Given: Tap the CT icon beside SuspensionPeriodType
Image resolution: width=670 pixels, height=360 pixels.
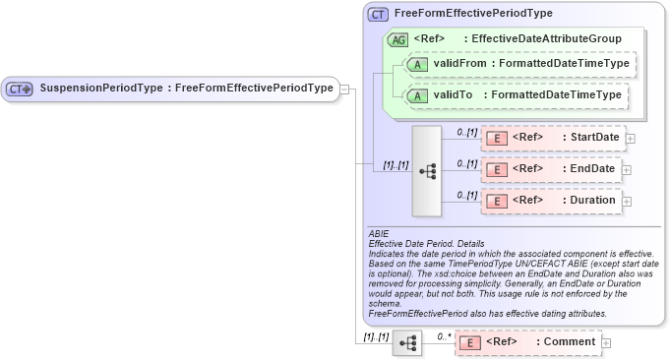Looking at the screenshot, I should (x=21, y=89).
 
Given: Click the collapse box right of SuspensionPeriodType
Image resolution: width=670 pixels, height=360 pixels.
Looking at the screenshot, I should (x=344, y=89).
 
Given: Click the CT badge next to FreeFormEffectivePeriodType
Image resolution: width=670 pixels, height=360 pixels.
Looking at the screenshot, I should (x=378, y=14).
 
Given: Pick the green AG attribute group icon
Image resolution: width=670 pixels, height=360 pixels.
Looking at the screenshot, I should (x=398, y=39).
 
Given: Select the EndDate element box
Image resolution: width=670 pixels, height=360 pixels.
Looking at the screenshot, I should (x=550, y=169).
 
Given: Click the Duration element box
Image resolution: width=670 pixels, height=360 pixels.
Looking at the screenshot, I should (x=550, y=201).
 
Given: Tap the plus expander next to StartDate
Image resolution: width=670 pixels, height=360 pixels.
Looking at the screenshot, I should (x=631, y=138).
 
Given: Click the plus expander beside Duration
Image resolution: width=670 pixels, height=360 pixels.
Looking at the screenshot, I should (x=627, y=202).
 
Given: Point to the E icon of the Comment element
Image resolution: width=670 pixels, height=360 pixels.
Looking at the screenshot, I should (x=469, y=342).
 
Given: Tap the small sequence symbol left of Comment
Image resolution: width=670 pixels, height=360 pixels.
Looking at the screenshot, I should (x=406, y=343).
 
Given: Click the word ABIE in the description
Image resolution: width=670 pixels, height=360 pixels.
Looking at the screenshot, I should (x=379, y=234).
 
